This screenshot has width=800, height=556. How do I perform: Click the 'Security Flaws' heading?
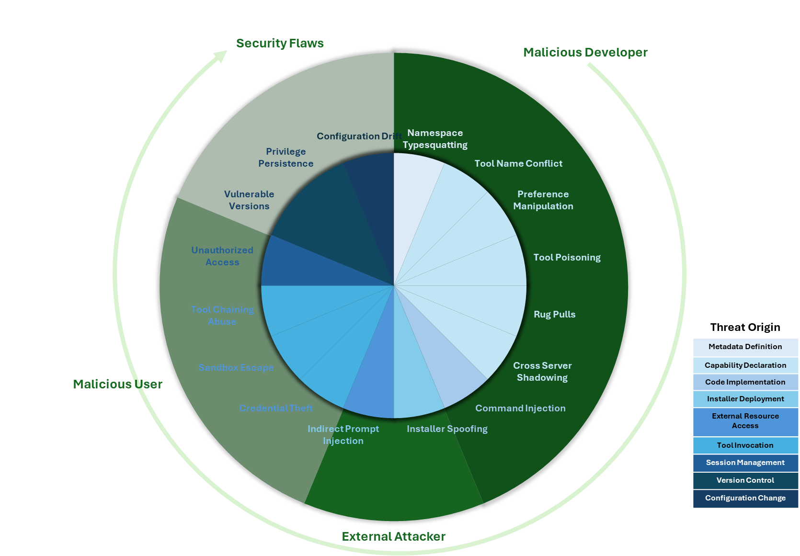click(280, 44)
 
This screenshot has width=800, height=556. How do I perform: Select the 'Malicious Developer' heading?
click(585, 53)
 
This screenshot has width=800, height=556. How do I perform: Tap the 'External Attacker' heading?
click(393, 537)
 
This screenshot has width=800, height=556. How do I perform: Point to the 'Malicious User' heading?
click(117, 385)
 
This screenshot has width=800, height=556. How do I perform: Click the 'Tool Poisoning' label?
click(567, 258)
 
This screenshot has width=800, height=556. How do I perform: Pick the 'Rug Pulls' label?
click(554, 315)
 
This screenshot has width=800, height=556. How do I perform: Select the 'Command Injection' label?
click(520, 408)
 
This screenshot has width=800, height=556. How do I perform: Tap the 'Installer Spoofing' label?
click(447, 429)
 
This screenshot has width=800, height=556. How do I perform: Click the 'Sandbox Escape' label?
click(236, 368)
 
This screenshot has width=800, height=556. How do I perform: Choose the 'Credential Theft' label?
click(276, 408)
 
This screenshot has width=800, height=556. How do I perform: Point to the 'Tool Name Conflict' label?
click(518, 164)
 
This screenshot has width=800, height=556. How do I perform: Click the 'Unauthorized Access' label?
click(222, 256)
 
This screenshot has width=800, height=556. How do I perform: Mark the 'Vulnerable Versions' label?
click(249, 200)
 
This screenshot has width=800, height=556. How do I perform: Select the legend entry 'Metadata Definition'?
click(745, 347)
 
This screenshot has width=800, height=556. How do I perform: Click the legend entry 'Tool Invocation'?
click(745, 445)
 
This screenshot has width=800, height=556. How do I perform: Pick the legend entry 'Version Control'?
click(745, 480)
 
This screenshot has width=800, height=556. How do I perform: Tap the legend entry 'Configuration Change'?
click(745, 498)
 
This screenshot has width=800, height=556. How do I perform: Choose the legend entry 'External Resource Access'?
click(745, 421)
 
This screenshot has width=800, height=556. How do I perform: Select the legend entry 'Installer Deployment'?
click(745, 399)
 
